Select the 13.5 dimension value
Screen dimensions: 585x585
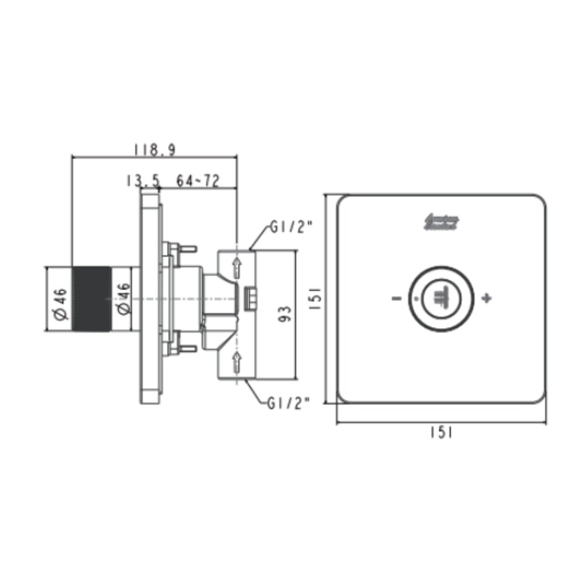click(142, 181)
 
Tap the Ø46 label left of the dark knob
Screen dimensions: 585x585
click(59, 299)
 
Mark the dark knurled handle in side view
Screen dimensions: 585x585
click(91, 299)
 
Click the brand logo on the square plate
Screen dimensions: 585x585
click(441, 222)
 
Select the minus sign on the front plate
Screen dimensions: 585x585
click(397, 299)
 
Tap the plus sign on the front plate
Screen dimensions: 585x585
click(486, 299)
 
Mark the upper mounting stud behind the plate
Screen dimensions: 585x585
click(187, 249)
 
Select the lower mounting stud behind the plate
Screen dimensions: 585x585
click(187, 349)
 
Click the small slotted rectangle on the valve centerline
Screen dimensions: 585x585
click(250, 298)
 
